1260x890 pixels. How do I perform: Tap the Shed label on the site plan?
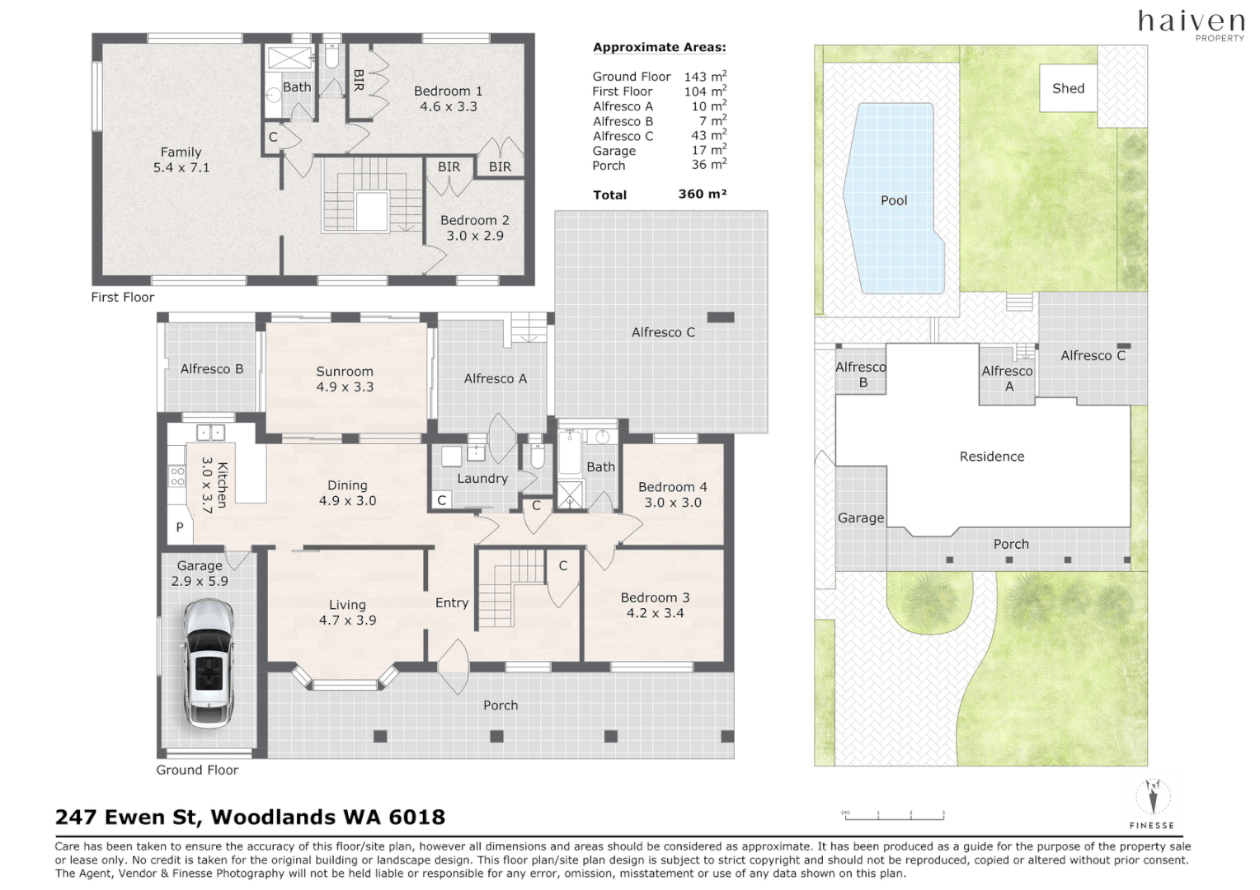pyautogui.click(x=1068, y=88)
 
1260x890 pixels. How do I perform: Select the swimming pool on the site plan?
pyautogui.click(x=894, y=200)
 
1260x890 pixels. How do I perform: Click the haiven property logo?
pyautogui.click(x=1191, y=23)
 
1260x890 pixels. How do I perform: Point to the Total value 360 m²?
pyautogui.click(x=702, y=194)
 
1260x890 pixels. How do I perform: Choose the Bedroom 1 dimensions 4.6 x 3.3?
pyautogui.click(x=448, y=106)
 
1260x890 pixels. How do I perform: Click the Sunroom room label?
pyautogui.click(x=345, y=372)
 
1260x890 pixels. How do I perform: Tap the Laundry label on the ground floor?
pyautogui.click(x=482, y=478)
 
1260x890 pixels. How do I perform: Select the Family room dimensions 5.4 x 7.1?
pyautogui.click(x=181, y=167)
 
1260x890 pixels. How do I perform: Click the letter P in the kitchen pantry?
pyautogui.click(x=180, y=527)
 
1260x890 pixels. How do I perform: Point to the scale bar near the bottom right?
pyautogui.click(x=893, y=817)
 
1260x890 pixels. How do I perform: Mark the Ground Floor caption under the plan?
pyautogui.click(x=197, y=770)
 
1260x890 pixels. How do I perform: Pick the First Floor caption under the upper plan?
pyautogui.click(x=123, y=297)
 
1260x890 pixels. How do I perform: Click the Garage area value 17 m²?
pyautogui.click(x=708, y=150)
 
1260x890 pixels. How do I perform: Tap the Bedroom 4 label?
pyautogui.click(x=672, y=487)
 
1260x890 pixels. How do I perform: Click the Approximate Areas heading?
pyautogui.click(x=659, y=47)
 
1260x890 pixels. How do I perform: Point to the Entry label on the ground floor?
pyautogui.click(x=452, y=602)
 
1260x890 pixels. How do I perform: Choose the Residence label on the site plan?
pyautogui.click(x=991, y=457)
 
